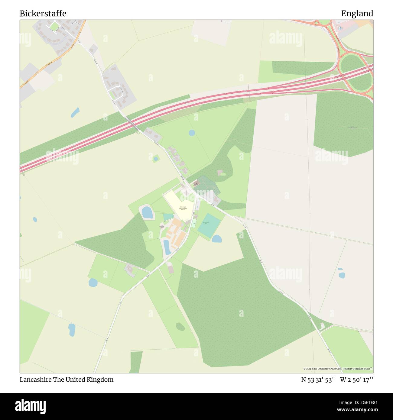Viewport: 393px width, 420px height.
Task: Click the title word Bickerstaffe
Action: coord(43,14)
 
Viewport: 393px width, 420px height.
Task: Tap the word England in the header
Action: coord(357,14)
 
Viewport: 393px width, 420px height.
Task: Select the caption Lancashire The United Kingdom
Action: coord(67,380)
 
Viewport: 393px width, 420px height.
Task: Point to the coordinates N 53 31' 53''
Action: coord(319,380)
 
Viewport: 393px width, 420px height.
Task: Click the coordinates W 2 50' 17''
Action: coord(357,380)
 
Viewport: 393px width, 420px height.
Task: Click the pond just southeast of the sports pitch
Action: coord(216,239)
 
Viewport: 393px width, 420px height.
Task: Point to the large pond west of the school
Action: coord(147,212)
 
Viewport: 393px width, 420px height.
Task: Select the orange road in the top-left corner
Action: coord(45,65)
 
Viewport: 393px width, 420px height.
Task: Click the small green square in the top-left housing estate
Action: coord(54,27)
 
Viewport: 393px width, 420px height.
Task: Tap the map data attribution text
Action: coord(338,369)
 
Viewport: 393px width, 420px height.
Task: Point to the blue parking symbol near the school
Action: coord(198,207)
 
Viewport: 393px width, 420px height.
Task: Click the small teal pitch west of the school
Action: coord(168,217)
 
